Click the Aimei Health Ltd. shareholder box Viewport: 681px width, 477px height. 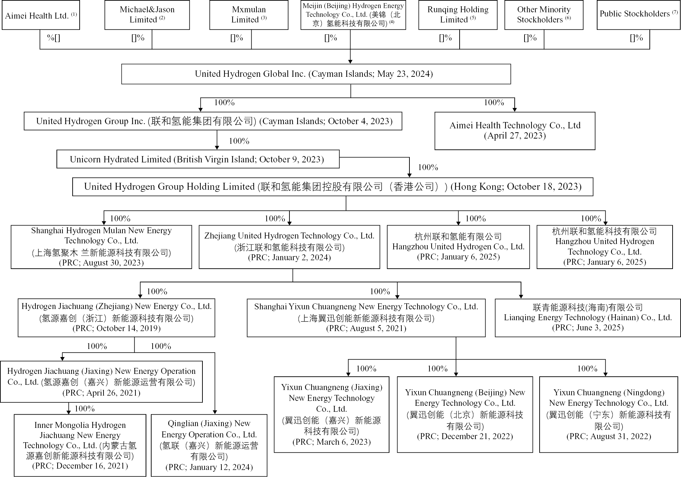click(41, 15)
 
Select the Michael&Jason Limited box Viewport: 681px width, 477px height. click(147, 15)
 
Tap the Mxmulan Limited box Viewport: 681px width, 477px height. click(249, 15)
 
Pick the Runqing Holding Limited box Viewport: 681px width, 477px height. click(458, 15)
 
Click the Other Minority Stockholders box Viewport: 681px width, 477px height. click(544, 15)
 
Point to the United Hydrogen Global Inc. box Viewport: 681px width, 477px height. click(316, 74)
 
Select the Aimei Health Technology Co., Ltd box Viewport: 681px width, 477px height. click(515, 131)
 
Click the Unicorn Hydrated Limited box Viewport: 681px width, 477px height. click(198, 159)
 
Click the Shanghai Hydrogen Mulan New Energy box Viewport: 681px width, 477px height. click(101, 247)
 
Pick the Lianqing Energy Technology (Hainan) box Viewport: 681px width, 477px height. click(588, 318)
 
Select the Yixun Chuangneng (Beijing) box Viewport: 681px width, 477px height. click(465, 415)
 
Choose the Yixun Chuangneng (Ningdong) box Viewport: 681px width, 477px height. click(608, 415)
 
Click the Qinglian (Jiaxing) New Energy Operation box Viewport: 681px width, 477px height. click(209, 445)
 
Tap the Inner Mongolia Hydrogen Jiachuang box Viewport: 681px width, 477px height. click(80, 445)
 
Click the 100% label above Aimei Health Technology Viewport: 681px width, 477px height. click(494, 103)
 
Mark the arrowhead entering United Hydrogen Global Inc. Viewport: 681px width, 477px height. click(350, 62)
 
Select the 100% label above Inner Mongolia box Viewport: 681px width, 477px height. click(85, 409)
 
